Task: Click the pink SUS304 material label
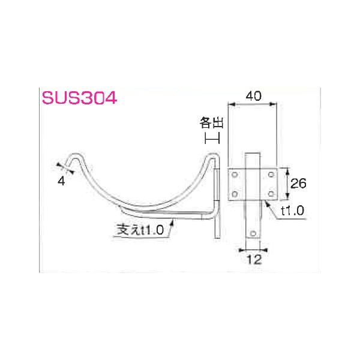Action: [x=78, y=98]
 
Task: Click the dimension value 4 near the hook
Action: [x=62, y=181]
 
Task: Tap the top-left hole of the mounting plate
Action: [x=235, y=175]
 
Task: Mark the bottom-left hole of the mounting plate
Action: [x=235, y=194]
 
